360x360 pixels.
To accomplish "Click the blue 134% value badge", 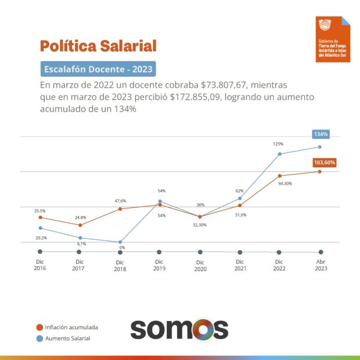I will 321,134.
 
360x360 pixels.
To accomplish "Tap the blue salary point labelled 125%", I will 279,154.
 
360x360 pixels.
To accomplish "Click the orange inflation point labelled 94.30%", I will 279,175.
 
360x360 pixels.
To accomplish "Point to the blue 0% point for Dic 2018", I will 120,242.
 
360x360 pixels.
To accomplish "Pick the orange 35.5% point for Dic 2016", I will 40,217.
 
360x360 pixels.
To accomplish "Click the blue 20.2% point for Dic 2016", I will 40,228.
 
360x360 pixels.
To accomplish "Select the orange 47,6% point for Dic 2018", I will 120,208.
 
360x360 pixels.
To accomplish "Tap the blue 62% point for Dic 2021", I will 240,199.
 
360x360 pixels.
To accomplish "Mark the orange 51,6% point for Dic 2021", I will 240,206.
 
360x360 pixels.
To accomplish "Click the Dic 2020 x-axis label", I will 200,265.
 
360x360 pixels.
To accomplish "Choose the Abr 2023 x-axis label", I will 321,265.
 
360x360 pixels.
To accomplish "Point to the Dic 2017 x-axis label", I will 78,265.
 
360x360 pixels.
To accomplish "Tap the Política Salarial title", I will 98,45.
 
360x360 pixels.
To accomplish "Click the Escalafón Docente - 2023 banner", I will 98,69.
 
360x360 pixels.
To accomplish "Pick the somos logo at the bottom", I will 179,329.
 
